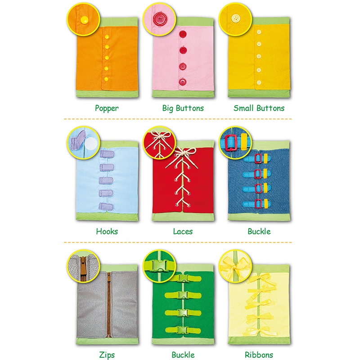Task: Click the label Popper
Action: coord(107,108)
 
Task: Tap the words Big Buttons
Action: coord(183,108)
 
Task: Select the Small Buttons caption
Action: coord(259,108)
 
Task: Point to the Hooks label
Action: coord(107,231)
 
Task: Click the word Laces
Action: coord(183,231)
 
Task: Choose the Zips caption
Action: coord(107,355)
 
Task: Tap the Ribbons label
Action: coord(259,355)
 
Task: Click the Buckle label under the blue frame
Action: coord(259,231)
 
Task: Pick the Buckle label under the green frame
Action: coord(183,355)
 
